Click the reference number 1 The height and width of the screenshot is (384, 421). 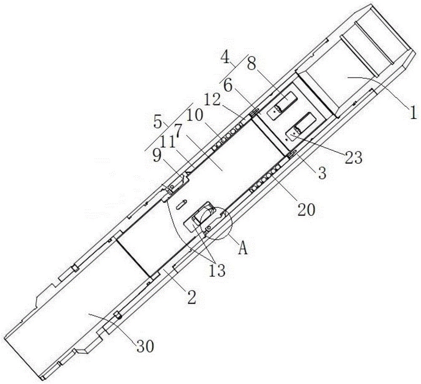(413, 112)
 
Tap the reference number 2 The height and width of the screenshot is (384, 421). (192, 297)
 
